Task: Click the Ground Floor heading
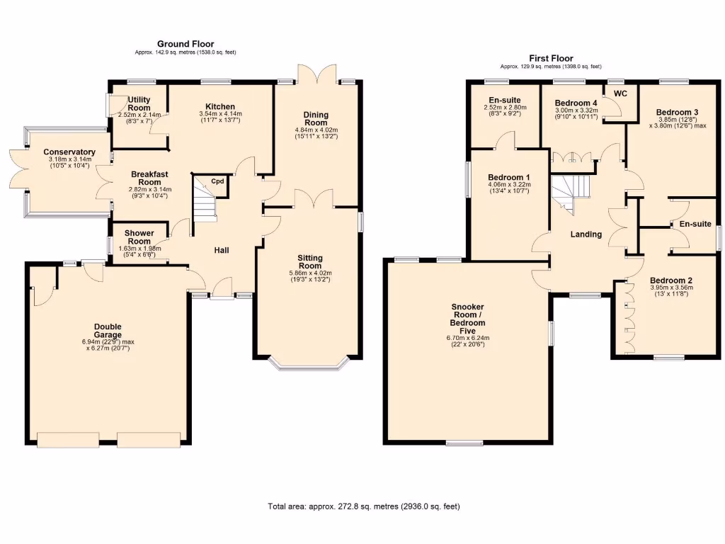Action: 185,44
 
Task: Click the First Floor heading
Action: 551,58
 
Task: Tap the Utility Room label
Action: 139,103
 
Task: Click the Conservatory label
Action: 69,152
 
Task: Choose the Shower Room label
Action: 139,237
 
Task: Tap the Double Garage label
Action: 108,331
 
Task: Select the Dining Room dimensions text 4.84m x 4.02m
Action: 316,130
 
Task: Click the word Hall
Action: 222,250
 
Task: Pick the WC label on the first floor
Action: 621,93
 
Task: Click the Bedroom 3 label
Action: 677,112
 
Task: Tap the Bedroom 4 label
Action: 576,103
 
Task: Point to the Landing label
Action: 586,234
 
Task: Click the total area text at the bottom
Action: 365,506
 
